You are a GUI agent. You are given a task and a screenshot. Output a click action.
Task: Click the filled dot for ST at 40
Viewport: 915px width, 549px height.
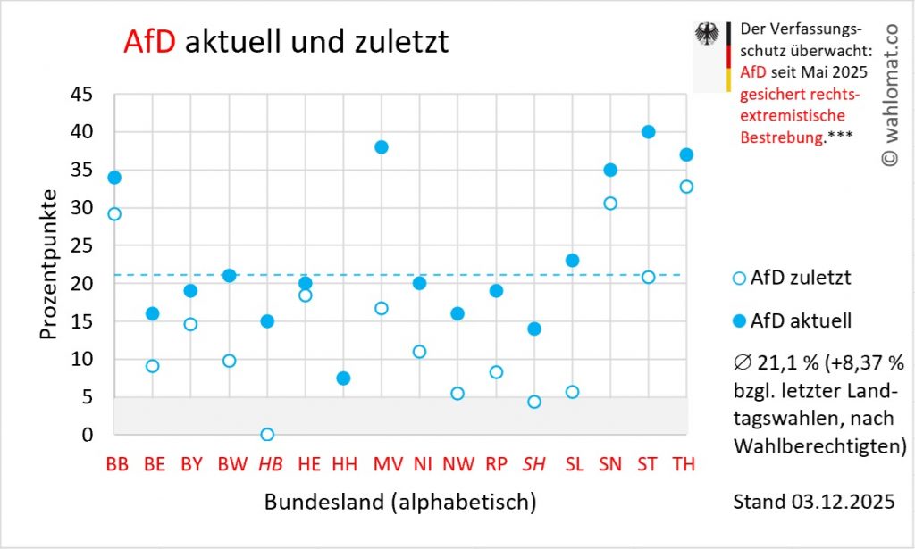[648, 132]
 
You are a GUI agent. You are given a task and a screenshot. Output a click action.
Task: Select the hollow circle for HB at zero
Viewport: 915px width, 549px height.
[266, 435]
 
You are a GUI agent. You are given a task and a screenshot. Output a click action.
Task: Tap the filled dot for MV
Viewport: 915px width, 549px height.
[382, 147]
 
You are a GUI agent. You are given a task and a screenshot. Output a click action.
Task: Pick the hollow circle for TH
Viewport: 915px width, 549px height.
[686, 187]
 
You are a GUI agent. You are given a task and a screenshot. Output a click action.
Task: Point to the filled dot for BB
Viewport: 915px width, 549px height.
[114, 178]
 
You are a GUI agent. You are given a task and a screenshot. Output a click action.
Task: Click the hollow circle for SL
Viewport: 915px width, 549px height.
[572, 392]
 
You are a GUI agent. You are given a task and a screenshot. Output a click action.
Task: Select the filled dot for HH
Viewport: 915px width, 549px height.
[343, 378]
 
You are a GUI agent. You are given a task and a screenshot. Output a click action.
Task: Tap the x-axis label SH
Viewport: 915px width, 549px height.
[534, 465]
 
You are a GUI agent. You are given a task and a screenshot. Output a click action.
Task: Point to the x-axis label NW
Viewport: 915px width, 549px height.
[457, 465]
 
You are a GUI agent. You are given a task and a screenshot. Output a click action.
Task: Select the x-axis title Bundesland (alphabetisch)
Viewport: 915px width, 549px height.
[400, 502]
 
